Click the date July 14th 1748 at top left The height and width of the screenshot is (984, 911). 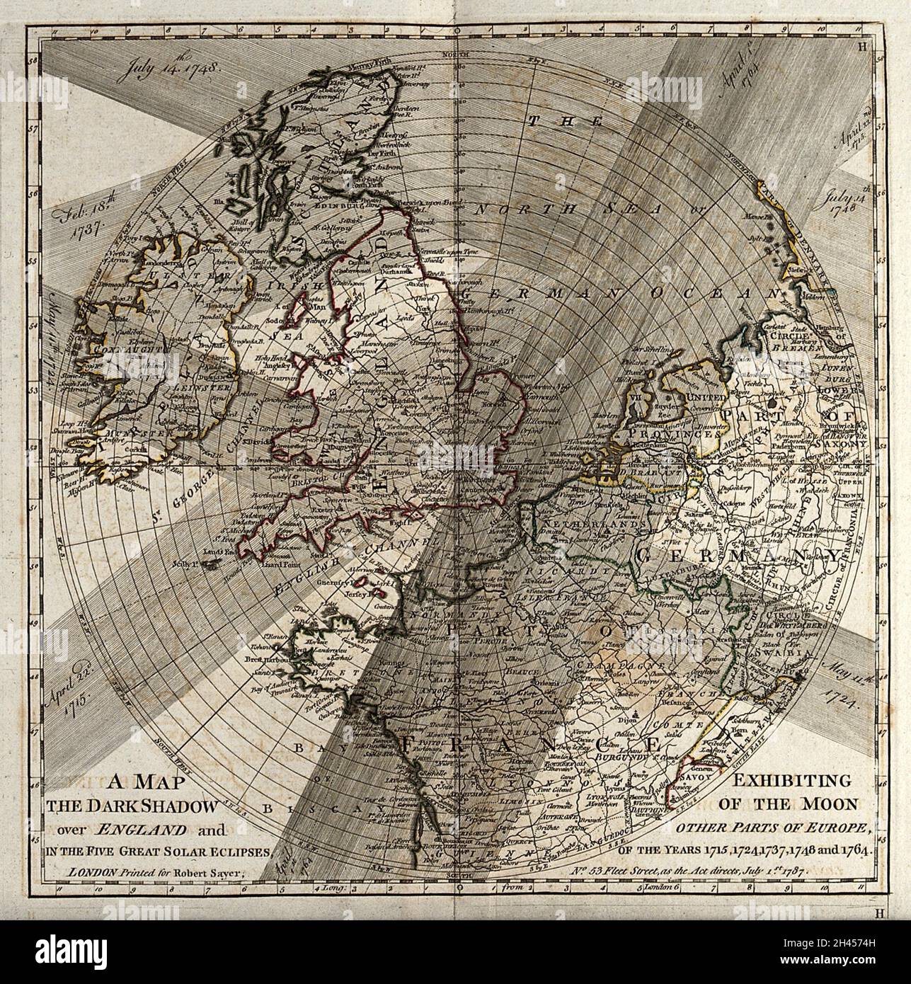pyautogui.click(x=171, y=71)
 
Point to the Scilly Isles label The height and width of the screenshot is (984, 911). pyautogui.click(x=188, y=564)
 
